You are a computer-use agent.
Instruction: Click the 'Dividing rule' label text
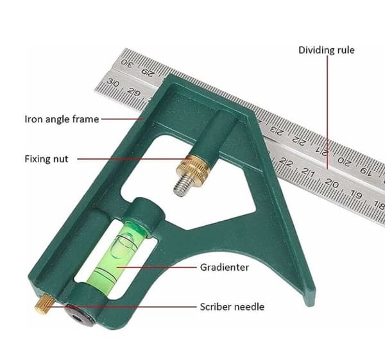327,50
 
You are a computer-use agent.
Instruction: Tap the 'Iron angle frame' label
62,119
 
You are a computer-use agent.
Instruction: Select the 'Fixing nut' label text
46,159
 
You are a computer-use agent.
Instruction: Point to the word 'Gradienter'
225,267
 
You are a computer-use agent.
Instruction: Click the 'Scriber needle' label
232,307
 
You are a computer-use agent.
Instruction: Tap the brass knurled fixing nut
193,169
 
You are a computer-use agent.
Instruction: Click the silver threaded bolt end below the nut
182,185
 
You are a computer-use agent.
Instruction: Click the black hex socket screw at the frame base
79,317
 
